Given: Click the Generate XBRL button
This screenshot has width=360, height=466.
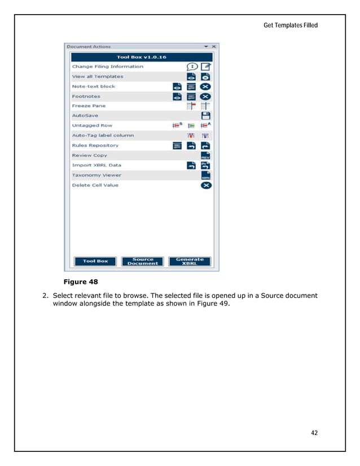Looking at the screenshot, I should [x=189, y=261].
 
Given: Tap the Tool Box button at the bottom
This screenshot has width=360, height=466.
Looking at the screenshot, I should [x=96, y=261].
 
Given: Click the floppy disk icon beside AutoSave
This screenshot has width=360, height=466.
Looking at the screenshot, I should [x=206, y=116].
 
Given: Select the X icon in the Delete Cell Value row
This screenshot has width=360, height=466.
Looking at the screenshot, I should [x=206, y=185].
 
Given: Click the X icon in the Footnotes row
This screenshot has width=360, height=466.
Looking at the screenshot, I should [x=206, y=96].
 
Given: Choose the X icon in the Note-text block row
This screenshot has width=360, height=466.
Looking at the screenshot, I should [x=206, y=86].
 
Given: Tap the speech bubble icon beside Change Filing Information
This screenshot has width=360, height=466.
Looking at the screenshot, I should [x=192, y=67].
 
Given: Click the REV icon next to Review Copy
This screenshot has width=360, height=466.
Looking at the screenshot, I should [x=206, y=156].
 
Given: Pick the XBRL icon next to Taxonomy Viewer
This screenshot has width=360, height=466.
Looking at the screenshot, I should [x=206, y=175].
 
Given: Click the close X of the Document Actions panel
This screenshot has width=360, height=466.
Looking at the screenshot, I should [x=214, y=47].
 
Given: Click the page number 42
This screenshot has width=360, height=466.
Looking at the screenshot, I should [x=314, y=433].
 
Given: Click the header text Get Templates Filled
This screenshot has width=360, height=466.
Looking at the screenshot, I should [x=291, y=25].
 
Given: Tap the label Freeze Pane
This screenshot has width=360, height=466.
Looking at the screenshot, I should [x=89, y=106].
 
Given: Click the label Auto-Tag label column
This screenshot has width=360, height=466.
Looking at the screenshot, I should [x=103, y=135].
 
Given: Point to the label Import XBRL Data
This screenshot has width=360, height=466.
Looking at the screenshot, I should [x=96, y=165].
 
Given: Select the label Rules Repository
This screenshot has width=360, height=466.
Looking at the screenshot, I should [x=95, y=146].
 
